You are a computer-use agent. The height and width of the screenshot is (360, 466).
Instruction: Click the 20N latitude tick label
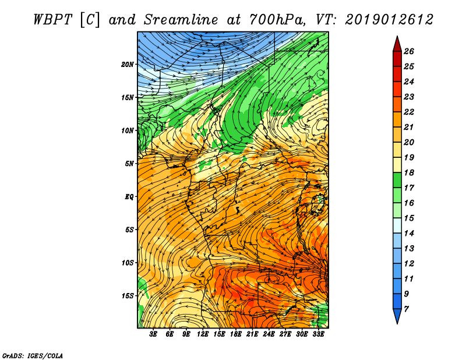click(128, 65)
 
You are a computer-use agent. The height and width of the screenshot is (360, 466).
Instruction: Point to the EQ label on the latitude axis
click(129, 197)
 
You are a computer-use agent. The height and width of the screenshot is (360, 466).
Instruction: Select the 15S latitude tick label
click(128, 296)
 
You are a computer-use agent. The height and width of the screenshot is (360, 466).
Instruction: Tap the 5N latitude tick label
click(129, 164)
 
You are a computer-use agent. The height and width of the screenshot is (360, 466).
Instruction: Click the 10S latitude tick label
click(128, 263)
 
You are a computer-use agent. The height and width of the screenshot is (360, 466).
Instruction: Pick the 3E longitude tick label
click(153, 334)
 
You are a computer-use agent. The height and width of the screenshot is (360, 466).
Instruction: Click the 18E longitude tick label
click(236, 334)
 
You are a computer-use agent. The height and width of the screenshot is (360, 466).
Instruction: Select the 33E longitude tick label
click(318, 334)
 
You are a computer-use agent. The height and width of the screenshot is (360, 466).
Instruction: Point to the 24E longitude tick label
click(269, 334)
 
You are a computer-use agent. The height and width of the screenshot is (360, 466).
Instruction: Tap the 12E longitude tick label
click(203, 334)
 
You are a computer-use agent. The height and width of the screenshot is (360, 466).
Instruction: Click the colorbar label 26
click(409, 51)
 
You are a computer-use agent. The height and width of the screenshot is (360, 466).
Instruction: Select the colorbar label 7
click(406, 309)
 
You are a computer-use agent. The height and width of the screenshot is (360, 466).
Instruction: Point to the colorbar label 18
click(409, 172)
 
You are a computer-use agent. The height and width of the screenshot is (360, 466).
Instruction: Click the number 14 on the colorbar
click(409, 233)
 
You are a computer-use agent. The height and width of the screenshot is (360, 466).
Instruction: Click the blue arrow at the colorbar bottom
click(397, 315)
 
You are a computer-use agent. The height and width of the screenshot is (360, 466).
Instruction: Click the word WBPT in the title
click(52, 20)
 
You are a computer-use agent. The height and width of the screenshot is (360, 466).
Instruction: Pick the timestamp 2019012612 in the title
click(389, 20)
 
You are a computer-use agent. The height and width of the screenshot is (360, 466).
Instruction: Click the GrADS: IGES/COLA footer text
click(33, 355)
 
